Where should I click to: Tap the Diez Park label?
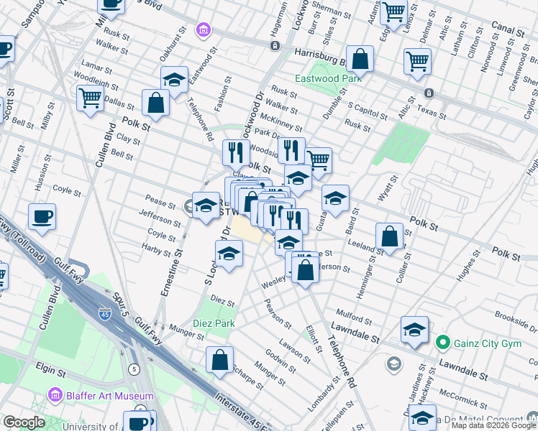pos(214,324)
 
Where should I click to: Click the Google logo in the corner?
pos(24,422)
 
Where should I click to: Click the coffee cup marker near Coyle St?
pos(42,216)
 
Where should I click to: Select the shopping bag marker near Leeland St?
pos(389,236)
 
